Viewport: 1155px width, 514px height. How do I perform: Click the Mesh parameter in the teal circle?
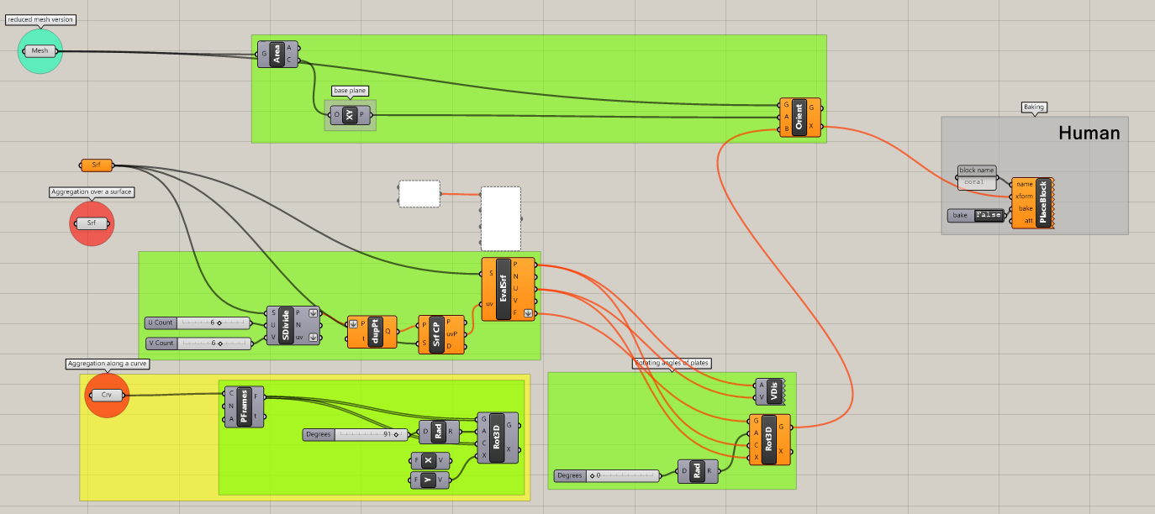(40, 51)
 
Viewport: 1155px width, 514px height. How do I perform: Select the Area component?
(277, 54)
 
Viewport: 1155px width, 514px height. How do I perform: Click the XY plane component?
(350, 115)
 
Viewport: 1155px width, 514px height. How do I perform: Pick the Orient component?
(799, 118)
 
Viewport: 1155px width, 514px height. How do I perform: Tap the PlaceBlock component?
(1042, 202)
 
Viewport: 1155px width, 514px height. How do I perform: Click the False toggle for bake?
(989, 215)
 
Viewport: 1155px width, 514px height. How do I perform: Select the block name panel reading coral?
(975, 181)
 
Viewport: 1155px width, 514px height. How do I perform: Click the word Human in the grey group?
(1089, 133)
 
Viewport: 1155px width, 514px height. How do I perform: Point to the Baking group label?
(1033, 108)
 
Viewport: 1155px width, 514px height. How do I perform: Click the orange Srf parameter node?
(96, 165)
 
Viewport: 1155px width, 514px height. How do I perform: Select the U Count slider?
(198, 323)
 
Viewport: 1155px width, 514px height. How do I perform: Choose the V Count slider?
(198, 343)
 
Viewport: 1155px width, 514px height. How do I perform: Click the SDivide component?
(287, 325)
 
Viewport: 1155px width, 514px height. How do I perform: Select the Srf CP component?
(436, 334)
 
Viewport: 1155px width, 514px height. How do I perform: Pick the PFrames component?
(244, 406)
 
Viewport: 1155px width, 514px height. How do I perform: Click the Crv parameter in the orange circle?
(107, 395)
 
